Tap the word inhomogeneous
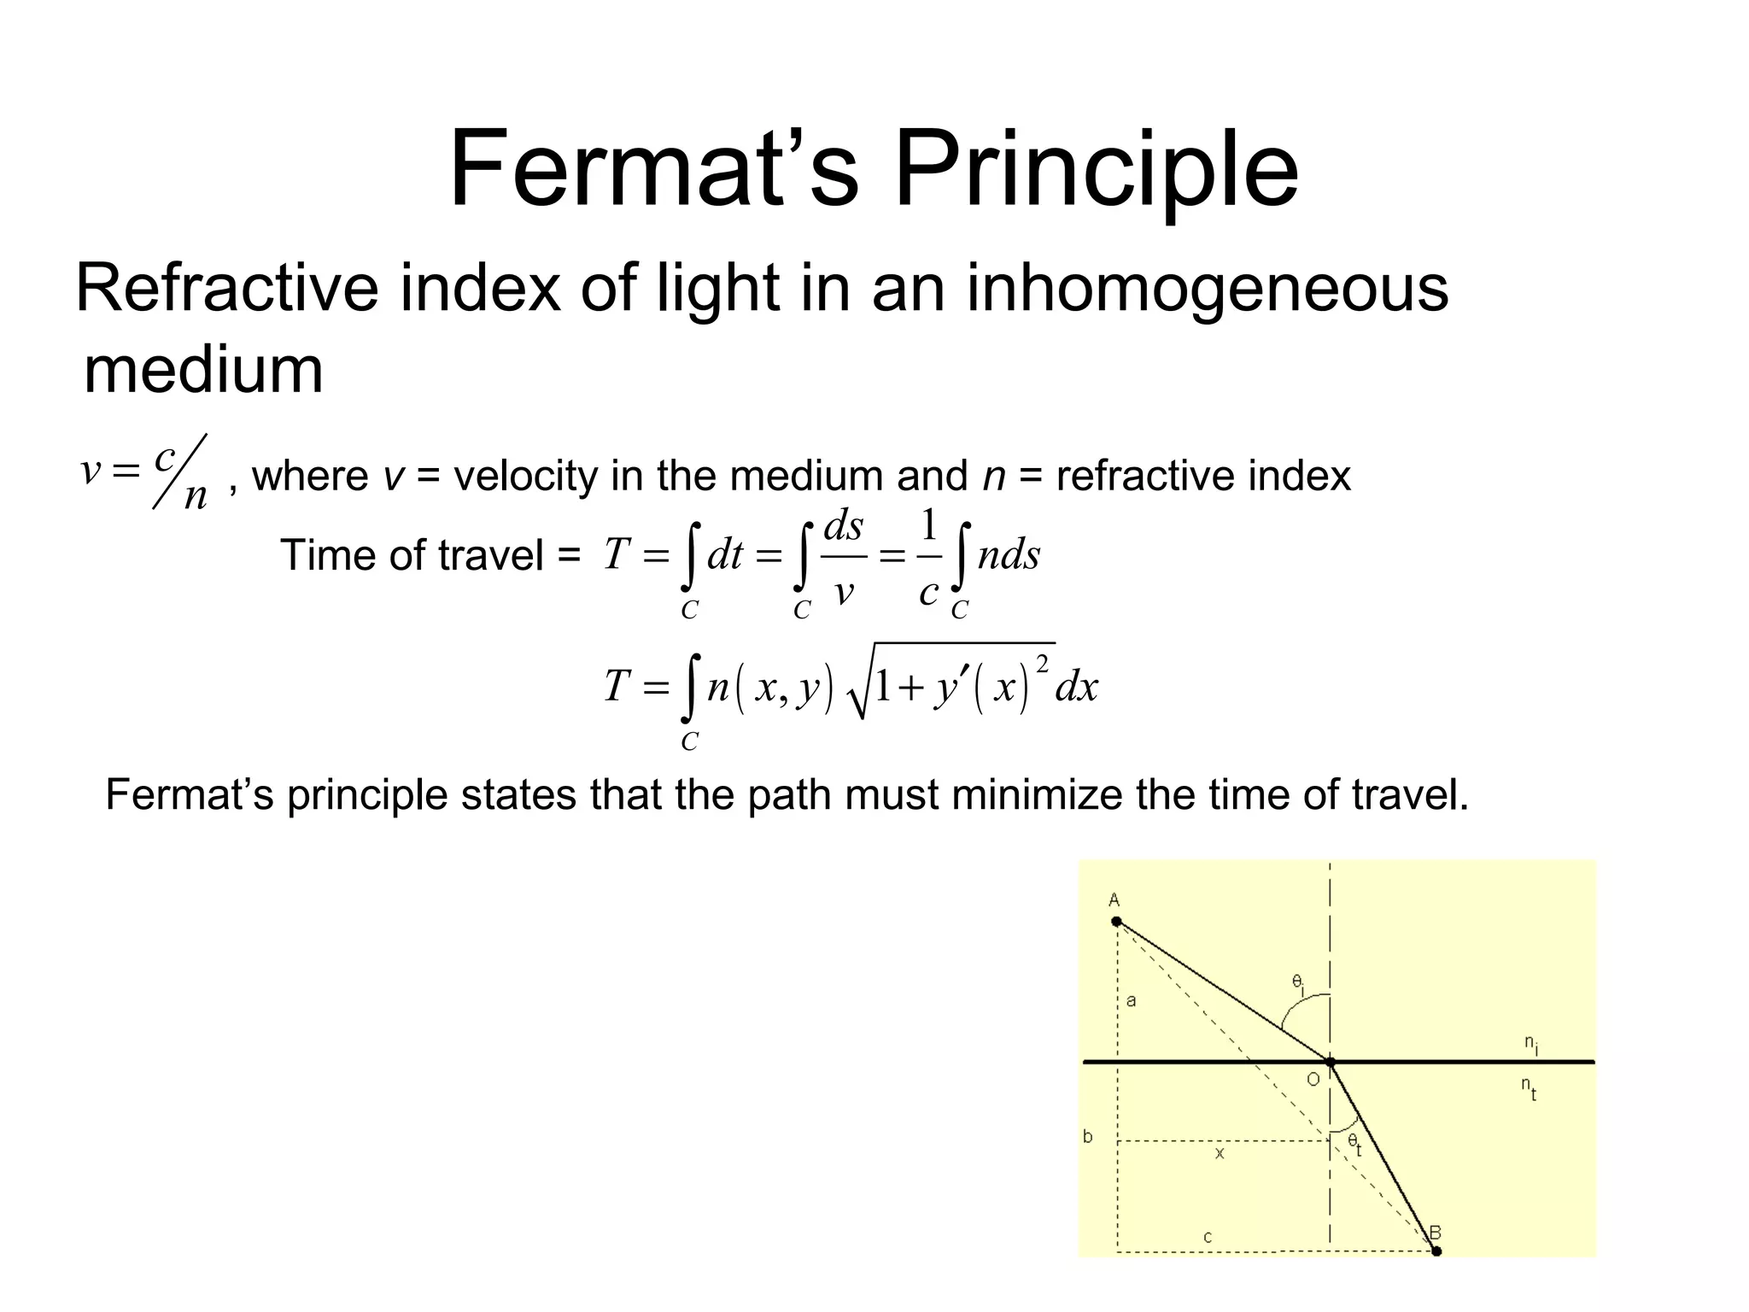pyautogui.click(x=1207, y=289)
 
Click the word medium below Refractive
pyautogui.click(x=203, y=370)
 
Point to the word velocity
pyautogui.click(x=524, y=476)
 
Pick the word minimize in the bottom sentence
pyautogui.click(x=1037, y=794)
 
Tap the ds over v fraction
pyautogui.click(x=843, y=557)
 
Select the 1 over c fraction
pyautogui.click(x=929, y=557)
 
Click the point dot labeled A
pyautogui.click(x=1116, y=922)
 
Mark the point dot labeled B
pyautogui.click(x=1436, y=1251)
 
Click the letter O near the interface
pyautogui.click(x=1313, y=1080)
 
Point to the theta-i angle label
pyautogui.click(x=1298, y=984)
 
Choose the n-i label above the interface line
pyautogui.click(x=1531, y=1044)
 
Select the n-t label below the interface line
pyautogui.click(x=1529, y=1087)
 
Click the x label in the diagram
pyautogui.click(x=1220, y=1153)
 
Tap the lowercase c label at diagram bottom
pyautogui.click(x=1208, y=1237)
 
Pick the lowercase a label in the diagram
pyautogui.click(x=1132, y=1000)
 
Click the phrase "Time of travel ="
pyautogui.click(x=430, y=556)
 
